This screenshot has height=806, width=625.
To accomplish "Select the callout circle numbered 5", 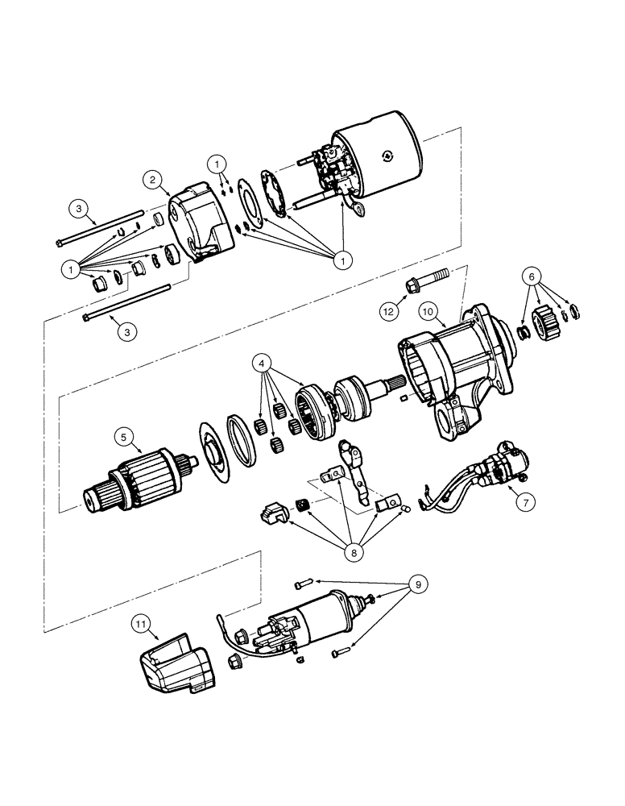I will pyautogui.click(x=123, y=437).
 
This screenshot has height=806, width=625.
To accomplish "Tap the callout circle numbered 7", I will pyautogui.click(x=524, y=501).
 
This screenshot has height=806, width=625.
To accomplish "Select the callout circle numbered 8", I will pyautogui.click(x=352, y=553).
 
